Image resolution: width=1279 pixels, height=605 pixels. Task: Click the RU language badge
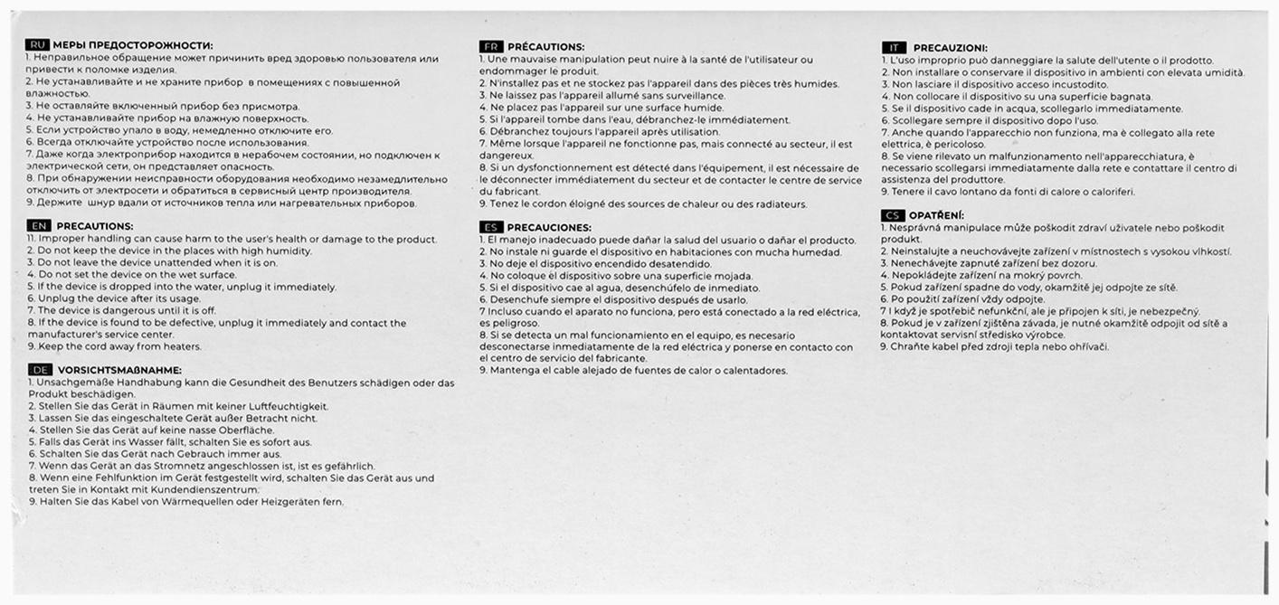click(x=38, y=45)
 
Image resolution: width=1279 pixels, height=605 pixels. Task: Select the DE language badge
click(x=41, y=370)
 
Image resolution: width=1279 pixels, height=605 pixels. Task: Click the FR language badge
click(x=491, y=46)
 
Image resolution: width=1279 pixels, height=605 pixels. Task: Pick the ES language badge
click(x=491, y=227)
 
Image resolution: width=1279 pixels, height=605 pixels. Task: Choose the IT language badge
click(x=893, y=47)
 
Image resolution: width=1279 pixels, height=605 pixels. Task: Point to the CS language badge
click(x=893, y=215)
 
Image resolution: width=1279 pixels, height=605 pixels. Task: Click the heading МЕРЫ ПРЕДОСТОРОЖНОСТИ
click(x=133, y=45)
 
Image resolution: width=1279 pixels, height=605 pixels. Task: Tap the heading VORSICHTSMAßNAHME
click(x=120, y=370)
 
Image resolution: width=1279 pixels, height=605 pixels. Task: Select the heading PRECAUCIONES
click(x=549, y=227)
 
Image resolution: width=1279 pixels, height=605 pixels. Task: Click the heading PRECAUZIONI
click(x=950, y=47)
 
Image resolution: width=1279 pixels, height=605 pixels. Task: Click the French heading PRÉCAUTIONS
click(x=545, y=46)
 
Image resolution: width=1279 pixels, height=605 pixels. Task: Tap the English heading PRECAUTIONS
click(x=95, y=226)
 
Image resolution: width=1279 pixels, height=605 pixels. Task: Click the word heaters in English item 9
click(x=184, y=346)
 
